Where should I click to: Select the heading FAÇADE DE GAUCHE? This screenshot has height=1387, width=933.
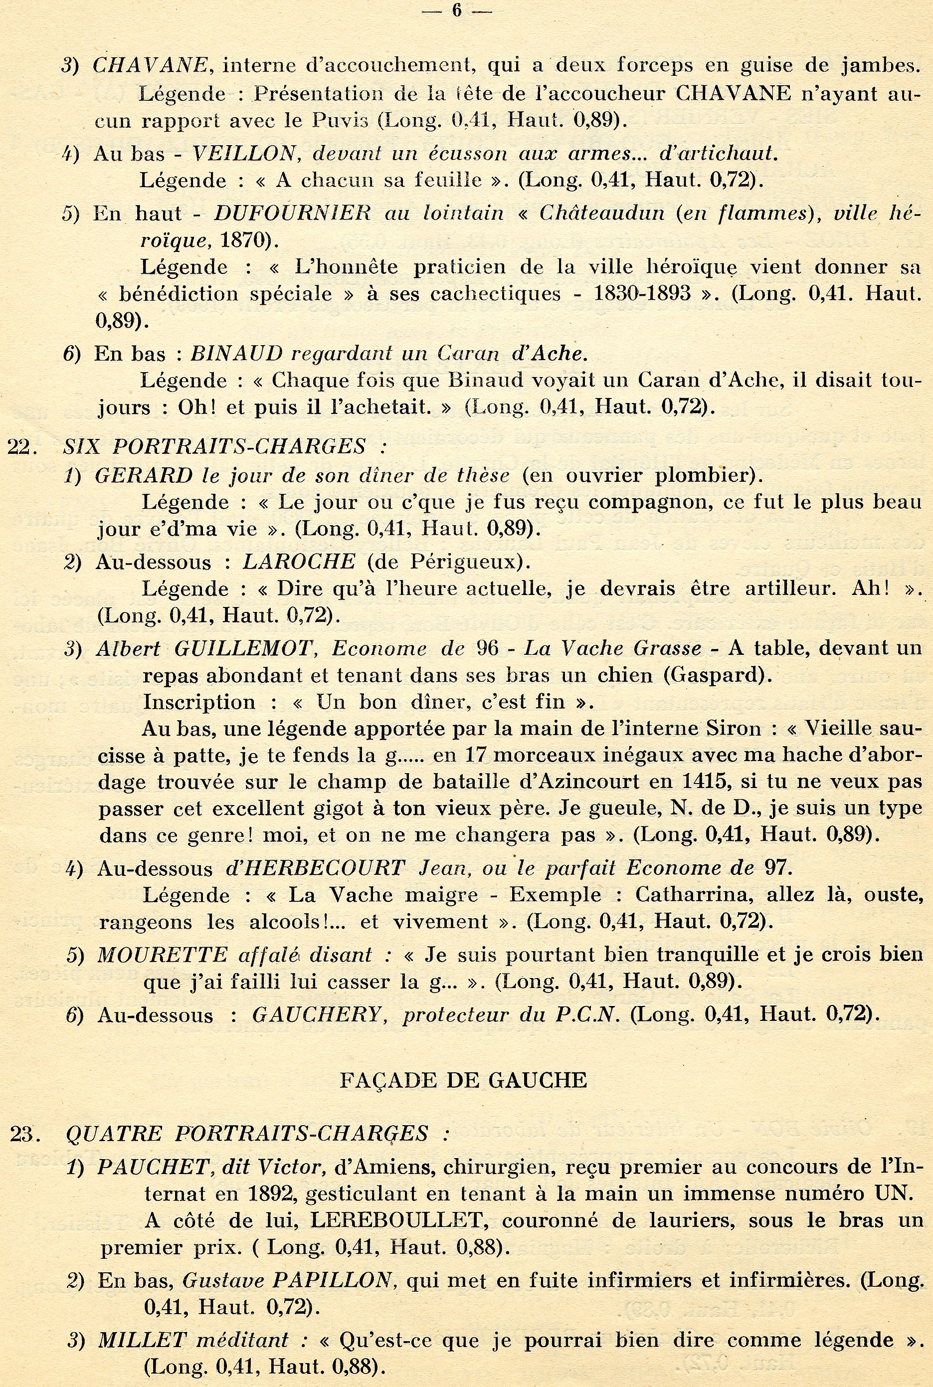click(x=463, y=1079)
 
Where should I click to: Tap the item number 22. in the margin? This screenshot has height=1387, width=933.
click(x=22, y=446)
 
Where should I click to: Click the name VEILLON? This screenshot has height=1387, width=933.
click(x=244, y=154)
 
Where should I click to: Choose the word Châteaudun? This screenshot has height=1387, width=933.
click(x=601, y=212)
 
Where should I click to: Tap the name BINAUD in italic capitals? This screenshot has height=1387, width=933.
click(x=236, y=354)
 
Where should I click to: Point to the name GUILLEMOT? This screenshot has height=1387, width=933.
click(x=243, y=648)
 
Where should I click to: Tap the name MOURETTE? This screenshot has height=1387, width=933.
click(x=162, y=955)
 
